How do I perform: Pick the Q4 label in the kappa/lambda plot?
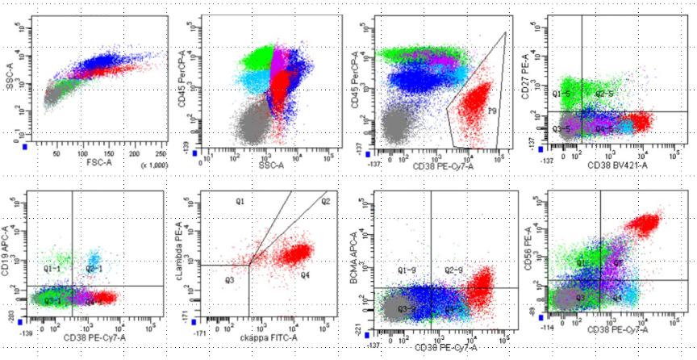pyautogui.click(x=306, y=275)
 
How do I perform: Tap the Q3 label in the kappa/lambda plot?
pyautogui.click(x=230, y=280)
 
